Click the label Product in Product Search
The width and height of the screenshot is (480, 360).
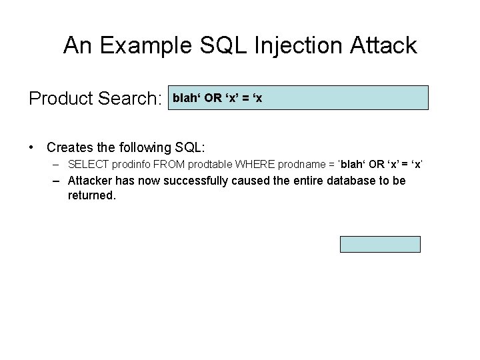pyautogui.click(x=59, y=99)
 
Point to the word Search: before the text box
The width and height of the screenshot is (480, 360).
pyautogui.click(x=129, y=99)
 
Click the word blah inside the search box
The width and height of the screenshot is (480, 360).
pyautogui.click(x=187, y=98)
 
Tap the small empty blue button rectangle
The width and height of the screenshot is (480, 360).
pyautogui.click(x=380, y=244)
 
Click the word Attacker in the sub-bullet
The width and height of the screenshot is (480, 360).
pyautogui.click(x=90, y=181)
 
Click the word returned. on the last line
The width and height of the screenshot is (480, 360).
pyautogui.click(x=91, y=196)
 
